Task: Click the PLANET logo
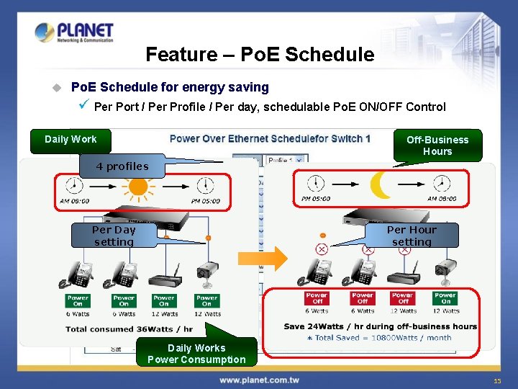click(x=73, y=32)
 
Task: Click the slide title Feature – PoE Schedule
click(x=260, y=55)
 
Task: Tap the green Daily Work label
click(x=71, y=140)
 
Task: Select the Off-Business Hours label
click(x=437, y=146)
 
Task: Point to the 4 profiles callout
click(x=123, y=166)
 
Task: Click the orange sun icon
click(x=137, y=187)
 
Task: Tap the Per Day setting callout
click(x=114, y=236)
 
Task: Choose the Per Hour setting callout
click(x=412, y=236)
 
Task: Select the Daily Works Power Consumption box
click(x=196, y=354)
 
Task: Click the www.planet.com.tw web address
click(x=260, y=380)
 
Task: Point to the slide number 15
click(x=496, y=380)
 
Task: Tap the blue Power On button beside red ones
click(x=445, y=298)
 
